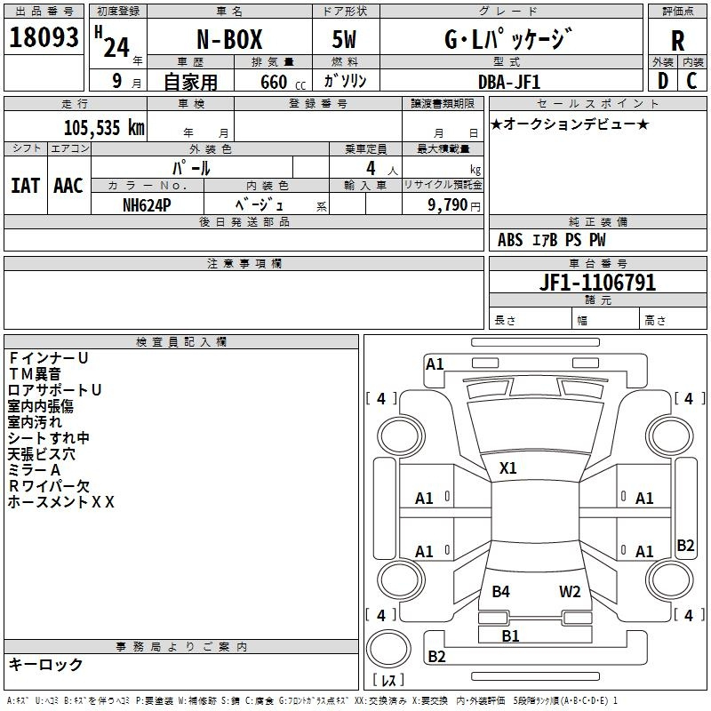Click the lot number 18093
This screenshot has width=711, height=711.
(44, 36)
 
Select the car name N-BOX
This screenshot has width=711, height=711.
(229, 39)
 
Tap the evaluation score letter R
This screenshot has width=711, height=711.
(677, 41)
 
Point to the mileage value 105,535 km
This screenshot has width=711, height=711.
(104, 128)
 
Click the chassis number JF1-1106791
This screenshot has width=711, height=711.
(597, 283)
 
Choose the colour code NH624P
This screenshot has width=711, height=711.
(147, 205)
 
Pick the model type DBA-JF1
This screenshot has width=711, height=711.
(509, 82)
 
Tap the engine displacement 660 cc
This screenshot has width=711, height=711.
(283, 83)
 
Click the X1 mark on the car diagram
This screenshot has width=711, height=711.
(507, 468)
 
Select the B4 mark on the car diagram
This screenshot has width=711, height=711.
(500, 591)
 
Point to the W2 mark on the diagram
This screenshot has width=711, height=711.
(570, 591)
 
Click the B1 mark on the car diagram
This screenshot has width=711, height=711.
(510, 635)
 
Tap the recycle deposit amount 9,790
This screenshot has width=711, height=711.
(448, 204)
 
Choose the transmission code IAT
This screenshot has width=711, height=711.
(26, 186)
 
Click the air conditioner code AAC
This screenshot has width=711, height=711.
(68, 186)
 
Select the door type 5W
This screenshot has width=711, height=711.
(344, 39)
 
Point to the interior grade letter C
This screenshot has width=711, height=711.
(691, 81)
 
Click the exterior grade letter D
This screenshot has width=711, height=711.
(663, 81)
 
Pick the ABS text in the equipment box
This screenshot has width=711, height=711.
(510, 240)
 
